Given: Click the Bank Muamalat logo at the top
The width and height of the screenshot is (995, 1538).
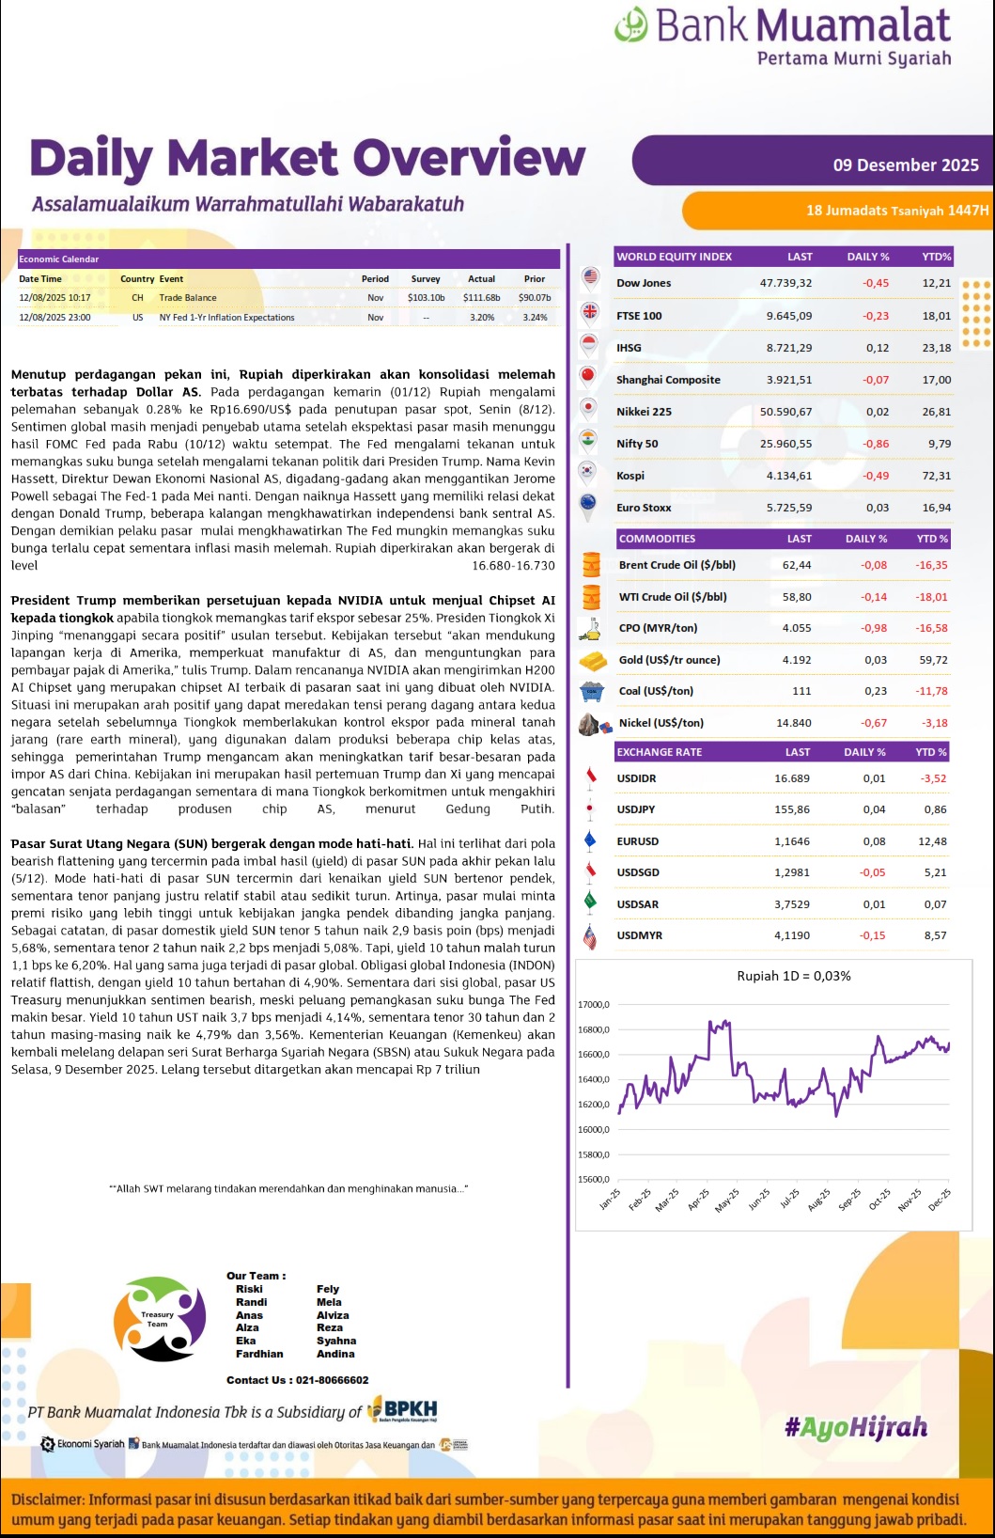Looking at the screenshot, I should tap(783, 36).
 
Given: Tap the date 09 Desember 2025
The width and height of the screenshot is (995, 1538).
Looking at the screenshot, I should tap(906, 165).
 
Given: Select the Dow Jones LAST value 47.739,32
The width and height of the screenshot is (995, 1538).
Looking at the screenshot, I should tap(785, 283).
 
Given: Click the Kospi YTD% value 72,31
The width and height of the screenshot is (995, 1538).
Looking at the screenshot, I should tap(936, 476).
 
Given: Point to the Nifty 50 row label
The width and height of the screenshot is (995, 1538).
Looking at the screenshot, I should tap(637, 444).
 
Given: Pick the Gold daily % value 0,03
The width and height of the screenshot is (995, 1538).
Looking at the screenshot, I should tap(875, 660).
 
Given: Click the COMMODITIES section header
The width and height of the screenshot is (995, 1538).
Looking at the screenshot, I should tap(657, 539).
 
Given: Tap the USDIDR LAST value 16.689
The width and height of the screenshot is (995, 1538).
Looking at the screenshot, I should tap(791, 778).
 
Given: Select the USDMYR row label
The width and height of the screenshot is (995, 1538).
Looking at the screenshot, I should tap(639, 935).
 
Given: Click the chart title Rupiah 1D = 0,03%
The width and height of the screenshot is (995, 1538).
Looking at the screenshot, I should tap(794, 976).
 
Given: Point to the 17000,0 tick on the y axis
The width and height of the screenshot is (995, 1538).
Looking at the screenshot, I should tap(593, 1005).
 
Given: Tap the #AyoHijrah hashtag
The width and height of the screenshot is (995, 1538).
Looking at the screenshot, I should tap(856, 1427).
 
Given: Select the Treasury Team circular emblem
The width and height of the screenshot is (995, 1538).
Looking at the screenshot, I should tap(159, 1319).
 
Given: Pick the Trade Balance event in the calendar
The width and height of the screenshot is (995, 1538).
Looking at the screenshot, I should tap(187, 298).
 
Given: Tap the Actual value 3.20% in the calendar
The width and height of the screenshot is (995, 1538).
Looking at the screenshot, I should tap(481, 318).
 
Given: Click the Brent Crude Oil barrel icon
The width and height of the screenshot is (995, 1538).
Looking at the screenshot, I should tap(591, 564).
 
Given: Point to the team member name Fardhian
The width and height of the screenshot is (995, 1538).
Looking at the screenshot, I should tap(259, 1354).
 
